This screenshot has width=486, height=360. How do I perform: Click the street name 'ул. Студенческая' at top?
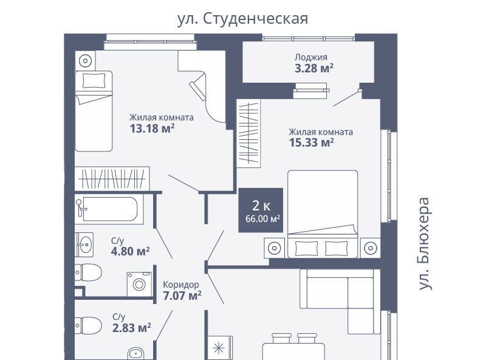(242, 19)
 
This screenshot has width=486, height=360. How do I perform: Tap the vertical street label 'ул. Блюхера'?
(424, 244)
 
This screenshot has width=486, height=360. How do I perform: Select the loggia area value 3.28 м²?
(314, 68)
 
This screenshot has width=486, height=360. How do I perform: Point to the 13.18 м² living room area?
(152, 128)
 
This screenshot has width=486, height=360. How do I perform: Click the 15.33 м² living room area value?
(311, 142)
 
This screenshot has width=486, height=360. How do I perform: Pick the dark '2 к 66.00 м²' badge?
(261, 210)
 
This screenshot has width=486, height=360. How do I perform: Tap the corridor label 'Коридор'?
(181, 284)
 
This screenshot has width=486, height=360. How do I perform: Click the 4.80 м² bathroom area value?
(130, 251)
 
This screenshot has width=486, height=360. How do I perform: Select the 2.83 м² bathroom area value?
(131, 328)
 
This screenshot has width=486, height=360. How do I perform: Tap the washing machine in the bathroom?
(140, 284)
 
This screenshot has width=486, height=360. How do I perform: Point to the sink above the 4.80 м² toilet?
(84, 244)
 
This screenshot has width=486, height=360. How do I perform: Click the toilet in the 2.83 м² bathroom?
(88, 325)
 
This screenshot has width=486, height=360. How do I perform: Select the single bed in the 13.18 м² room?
(94, 111)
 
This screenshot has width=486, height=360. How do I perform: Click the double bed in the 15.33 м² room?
(323, 214)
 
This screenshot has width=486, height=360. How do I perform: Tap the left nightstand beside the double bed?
(275, 248)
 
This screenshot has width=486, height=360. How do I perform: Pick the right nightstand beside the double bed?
(371, 248)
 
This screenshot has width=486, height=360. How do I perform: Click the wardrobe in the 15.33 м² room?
(248, 133)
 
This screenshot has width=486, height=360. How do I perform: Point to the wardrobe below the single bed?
(112, 179)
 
